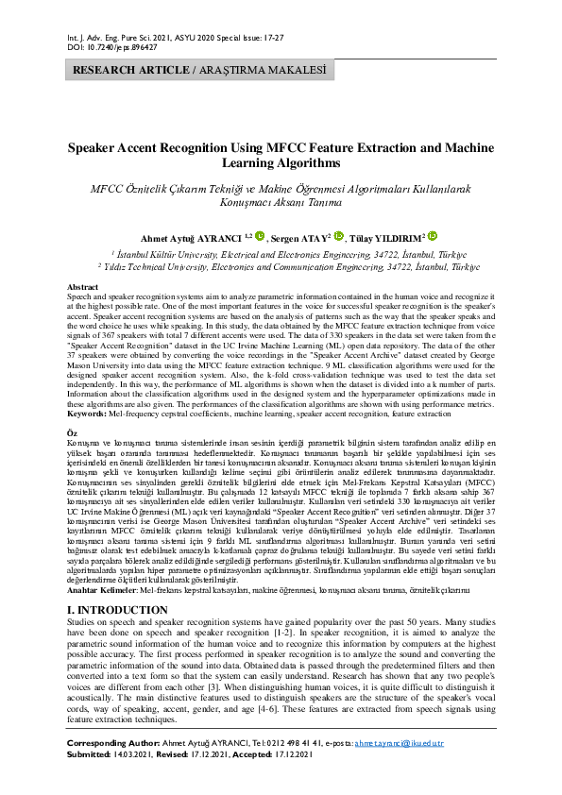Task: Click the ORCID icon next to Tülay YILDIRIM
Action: click(x=433, y=237)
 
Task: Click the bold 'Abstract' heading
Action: click(x=83, y=286)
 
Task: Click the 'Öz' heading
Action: click(x=74, y=431)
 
